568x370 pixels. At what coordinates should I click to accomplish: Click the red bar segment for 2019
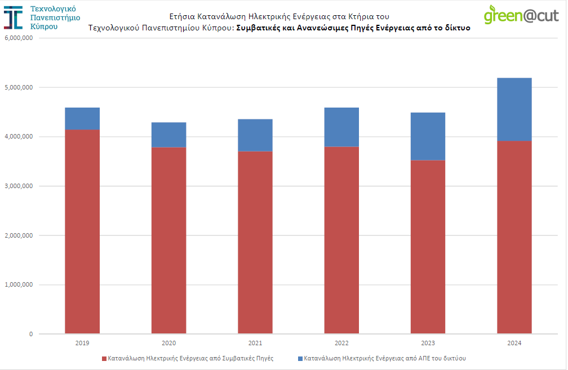[x=82, y=231]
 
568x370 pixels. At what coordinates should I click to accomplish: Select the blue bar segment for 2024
[x=514, y=109]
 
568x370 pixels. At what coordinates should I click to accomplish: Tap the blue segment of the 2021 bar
[x=255, y=135]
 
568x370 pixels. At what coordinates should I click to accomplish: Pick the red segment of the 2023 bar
[x=428, y=247]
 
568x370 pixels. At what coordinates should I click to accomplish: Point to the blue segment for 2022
[x=341, y=127]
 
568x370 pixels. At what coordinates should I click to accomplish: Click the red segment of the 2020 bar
[x=168, y=240]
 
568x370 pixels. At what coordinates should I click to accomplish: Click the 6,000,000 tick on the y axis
[x=19, y=38]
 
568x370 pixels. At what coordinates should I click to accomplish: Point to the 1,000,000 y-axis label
[x=19, y=285]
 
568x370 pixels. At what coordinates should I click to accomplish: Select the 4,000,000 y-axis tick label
[x=19, y=137]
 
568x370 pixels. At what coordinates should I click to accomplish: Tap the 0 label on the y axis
[x=31, y=334]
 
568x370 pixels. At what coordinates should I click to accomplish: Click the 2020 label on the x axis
[x=168, y=343]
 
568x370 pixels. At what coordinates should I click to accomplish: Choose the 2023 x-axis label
[x=428, y=343]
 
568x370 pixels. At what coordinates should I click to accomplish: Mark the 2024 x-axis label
[x=514, y=343]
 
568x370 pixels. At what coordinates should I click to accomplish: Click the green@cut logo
[x=521, y=14]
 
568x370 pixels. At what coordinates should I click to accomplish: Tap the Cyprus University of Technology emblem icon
[x=14, y=17]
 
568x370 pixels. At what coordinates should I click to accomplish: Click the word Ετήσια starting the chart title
[x=181, y=16]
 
